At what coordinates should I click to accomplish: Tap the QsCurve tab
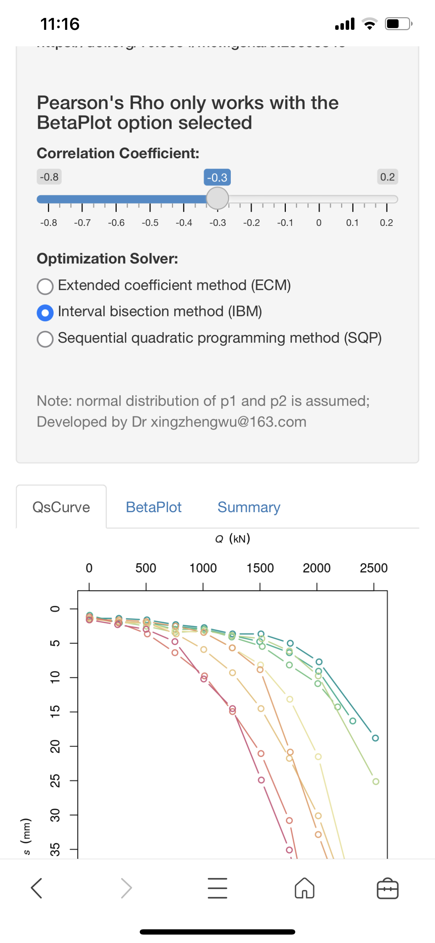click(61, 507)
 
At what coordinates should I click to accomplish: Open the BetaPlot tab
click(153, 507)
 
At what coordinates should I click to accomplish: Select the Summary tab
click(249, 507)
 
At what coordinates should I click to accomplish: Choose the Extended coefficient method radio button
click(45, 286)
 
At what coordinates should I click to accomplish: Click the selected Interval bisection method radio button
click(45, 313)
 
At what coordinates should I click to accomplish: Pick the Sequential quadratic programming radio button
click(45, 339)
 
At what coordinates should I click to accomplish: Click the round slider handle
click(217, 199)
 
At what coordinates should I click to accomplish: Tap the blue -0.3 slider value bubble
click(217, 178)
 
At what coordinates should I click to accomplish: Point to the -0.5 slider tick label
click(150, 223)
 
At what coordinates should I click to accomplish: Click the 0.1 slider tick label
click(352, 223)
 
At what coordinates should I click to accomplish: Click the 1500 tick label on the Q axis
click(260, 568)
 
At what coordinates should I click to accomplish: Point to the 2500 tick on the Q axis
click(374, 568)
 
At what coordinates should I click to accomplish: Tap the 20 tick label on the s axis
click(55, 746)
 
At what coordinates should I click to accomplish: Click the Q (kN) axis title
click(233, 539)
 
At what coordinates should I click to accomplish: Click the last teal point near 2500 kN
click(375, 738)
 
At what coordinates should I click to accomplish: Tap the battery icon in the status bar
click(399, 24)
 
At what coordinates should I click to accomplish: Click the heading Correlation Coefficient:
click(118, 153)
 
